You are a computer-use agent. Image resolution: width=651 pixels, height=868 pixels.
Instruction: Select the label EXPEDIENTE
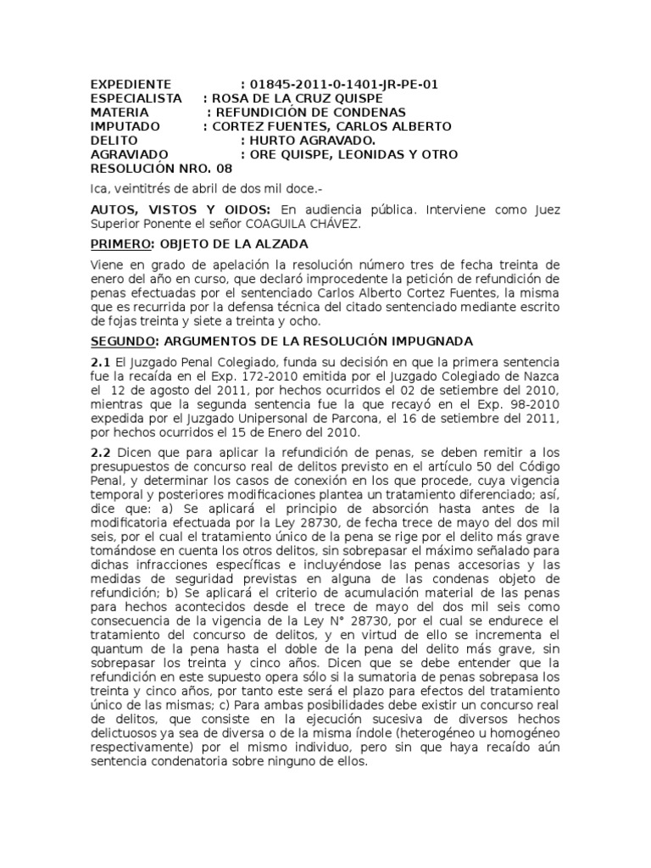[131, 85]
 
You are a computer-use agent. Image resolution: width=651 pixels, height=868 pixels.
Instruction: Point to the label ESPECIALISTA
[136, 98]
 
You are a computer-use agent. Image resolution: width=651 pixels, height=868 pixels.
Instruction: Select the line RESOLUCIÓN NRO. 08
[160, 169]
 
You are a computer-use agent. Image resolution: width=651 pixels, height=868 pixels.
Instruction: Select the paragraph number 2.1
[100, 363]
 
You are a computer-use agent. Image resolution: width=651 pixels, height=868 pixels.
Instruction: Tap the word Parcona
[358, 418]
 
